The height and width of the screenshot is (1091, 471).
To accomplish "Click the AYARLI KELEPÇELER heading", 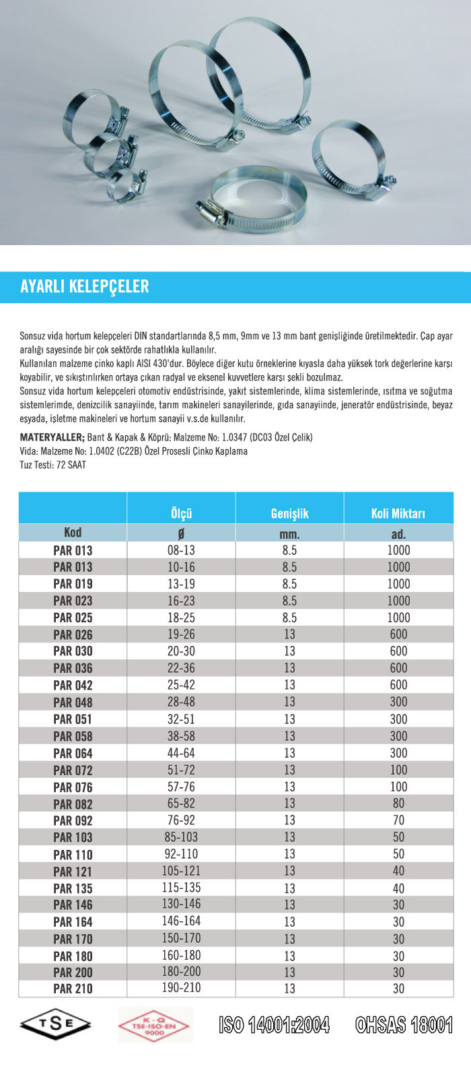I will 85,286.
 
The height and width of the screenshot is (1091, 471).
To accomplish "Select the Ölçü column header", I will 181,513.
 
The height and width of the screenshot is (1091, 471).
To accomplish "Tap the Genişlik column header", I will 289,513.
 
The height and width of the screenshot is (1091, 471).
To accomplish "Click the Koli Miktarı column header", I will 398,513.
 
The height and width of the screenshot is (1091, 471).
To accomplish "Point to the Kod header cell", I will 73,533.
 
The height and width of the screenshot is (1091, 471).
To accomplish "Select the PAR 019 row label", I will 73,584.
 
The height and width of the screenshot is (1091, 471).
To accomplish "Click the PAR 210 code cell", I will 73,989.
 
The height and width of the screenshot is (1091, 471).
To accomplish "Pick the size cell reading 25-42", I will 181,685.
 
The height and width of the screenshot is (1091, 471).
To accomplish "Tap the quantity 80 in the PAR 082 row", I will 398,803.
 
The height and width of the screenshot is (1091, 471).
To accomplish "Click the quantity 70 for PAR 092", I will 398,820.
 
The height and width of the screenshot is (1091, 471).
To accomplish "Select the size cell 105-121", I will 181,871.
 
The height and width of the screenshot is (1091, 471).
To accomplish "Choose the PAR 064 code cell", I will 73,753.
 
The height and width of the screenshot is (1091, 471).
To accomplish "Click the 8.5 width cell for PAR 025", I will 289,618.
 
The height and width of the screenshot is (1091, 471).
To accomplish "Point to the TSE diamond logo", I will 56,1024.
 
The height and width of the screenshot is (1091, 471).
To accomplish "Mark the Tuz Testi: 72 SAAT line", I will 53,465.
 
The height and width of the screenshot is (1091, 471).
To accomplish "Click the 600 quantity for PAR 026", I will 398,634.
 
